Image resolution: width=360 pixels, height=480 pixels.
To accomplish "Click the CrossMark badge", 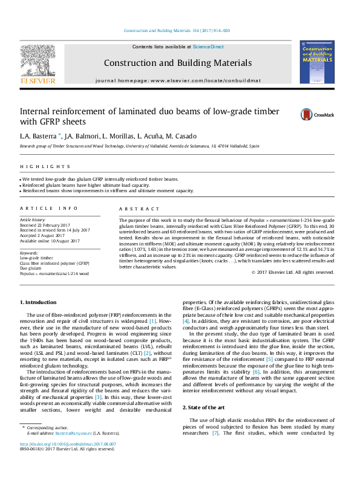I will pos(316,114).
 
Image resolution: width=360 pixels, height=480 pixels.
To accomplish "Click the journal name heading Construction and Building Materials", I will pos(177,62).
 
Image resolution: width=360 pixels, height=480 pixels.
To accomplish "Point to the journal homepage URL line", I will pos(178,80).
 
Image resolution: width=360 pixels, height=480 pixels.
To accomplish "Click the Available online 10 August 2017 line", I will pos(50,240).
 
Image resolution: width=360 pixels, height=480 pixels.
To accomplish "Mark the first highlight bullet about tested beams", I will pos(100,180).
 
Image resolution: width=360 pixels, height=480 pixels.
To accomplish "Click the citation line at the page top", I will pos(177,30).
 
